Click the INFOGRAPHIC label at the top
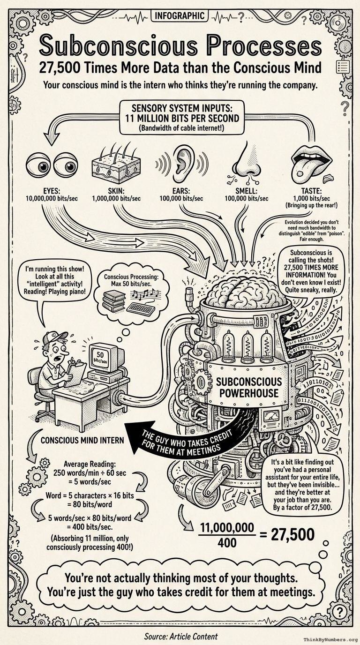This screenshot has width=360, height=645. coord(180,16)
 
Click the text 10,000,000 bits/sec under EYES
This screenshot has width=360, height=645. coord(52,199)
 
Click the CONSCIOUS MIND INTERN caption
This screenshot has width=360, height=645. coord(82,440)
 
